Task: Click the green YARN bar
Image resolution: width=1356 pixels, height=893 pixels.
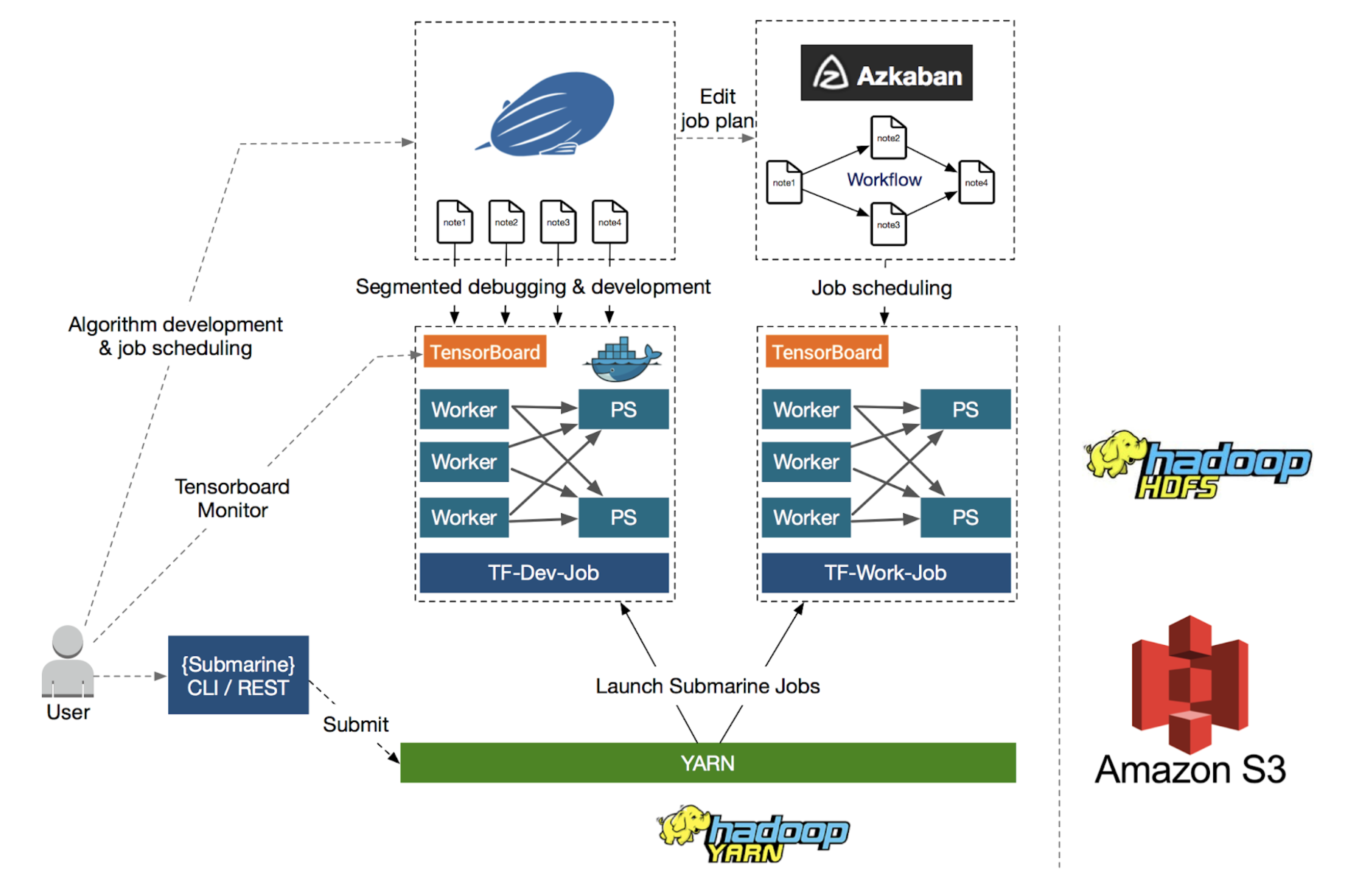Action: click(708, 763)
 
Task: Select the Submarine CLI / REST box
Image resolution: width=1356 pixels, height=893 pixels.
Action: click(238, 675)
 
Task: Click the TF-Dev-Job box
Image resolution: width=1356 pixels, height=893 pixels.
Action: click(544, 572)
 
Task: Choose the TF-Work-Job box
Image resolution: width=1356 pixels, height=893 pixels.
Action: click(886, 572)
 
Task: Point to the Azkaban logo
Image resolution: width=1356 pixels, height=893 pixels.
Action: click(886, 73)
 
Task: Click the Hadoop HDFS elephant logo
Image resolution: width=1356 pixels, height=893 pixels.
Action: click(1196, 464)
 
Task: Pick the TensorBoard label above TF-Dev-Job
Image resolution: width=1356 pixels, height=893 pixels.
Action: click(485, 352)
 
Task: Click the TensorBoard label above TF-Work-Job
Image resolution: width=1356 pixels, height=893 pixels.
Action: click(827, 352)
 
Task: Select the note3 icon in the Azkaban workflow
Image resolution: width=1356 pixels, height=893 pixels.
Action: click(888, 224)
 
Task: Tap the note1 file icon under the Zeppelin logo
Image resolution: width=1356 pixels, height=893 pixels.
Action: click(455, 222)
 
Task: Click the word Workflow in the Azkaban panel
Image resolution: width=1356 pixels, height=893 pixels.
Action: click(883, 179)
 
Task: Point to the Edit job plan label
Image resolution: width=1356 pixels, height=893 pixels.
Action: click(717, 109)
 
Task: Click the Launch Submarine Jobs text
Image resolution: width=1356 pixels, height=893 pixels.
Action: click(708, 686)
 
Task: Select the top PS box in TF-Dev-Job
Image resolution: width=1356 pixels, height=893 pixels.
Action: click(623, 409)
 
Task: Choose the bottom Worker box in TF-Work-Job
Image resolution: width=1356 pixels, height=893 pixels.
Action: click(806, 517)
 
